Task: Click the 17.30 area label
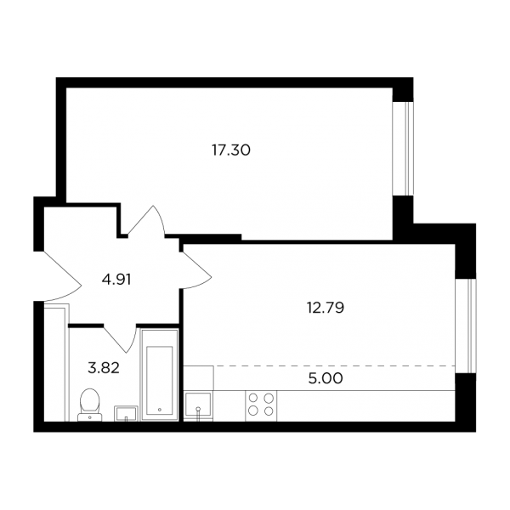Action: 231,150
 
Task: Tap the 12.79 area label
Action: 326,308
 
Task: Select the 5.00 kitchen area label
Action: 326,378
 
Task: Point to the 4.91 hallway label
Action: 116,280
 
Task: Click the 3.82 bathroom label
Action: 104,368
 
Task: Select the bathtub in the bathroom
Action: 160,375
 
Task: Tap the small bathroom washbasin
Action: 126,413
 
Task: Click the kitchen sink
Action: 198,405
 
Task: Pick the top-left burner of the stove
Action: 253,398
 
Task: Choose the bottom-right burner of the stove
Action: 269,411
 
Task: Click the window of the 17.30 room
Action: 403,149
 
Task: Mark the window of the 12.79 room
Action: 466,326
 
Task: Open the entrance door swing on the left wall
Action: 62,276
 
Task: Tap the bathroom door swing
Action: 121,338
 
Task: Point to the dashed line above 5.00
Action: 334,365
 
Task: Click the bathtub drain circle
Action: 160,410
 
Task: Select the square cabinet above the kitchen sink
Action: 198,377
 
